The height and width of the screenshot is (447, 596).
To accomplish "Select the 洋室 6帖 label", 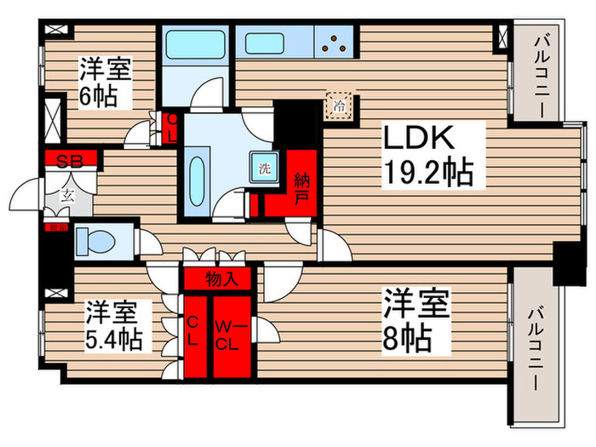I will (x=106, y=81).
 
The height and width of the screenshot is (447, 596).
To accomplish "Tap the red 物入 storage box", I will (x=217, y=278).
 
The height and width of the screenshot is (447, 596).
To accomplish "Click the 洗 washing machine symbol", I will (x=263, y=168).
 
